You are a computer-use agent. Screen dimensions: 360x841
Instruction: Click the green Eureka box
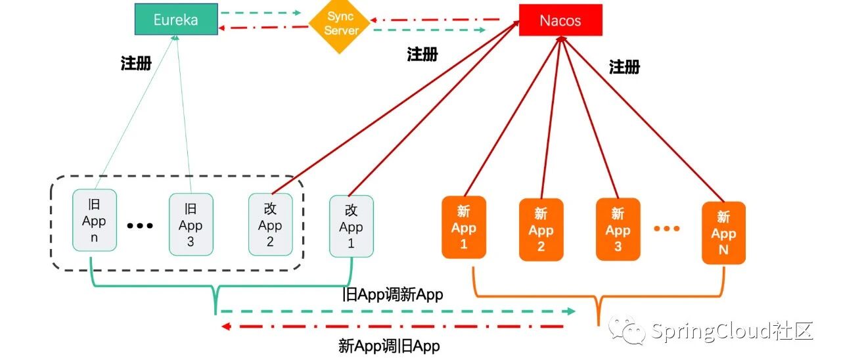(x=175, y=19)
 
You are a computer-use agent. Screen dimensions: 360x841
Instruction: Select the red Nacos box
(x=560, y=20)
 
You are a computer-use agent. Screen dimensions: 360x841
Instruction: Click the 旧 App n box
(x=94, y=220)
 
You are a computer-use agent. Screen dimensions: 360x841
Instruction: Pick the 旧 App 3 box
(x=191, y=224)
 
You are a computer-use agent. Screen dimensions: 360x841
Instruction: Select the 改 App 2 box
(x=270, y=224)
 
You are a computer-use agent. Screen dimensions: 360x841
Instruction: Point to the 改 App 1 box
(x=351, y=226)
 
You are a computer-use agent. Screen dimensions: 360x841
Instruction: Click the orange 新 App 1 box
(x=463, y=227)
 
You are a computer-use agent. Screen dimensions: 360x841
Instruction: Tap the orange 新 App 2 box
(x=541, y=229)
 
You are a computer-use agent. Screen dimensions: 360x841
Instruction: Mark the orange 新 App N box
(x=723, y=233)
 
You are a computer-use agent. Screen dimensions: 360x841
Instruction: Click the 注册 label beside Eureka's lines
(x=136, y=64)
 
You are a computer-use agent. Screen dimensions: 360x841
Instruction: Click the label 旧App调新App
(x=393, y=295)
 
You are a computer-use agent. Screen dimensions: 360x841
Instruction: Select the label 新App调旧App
(x=389, y=346)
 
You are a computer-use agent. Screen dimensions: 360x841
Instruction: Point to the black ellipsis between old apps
(x=140, y=226)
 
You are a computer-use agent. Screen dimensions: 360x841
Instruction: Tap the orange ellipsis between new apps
(x=666, y=229)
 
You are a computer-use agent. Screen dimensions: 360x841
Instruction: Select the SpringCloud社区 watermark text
(x=732, y=331)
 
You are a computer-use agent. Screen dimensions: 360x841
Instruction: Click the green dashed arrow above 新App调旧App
(x=398, y=311)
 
